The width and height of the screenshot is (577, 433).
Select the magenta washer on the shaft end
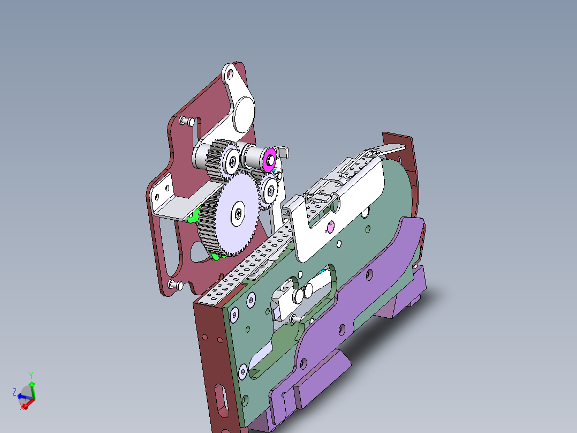pyautogui.click(x=270, y=159)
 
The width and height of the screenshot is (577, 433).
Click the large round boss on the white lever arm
pyautogui.click(x=244, y=111)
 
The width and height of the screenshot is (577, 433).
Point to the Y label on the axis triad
pyautogui.click(x=31, y=375)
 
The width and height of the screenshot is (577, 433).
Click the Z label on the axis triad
pyautogui.click(x=14, y=392)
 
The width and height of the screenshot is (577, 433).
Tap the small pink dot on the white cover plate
pyautogui.click(x=330, y=228)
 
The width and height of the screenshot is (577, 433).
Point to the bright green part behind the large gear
pyautogui.click(x=193, y=217)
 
